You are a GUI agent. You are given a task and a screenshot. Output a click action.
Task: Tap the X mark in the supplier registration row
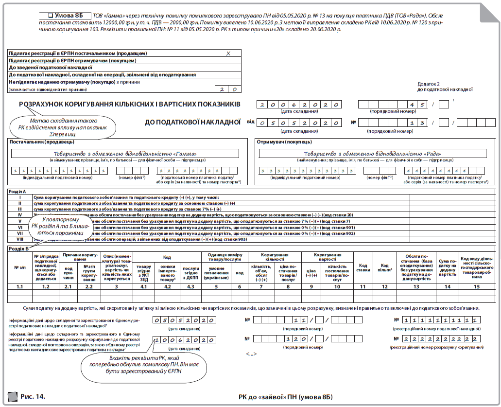(228, 53)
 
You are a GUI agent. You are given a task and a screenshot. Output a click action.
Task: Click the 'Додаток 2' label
(429, 84)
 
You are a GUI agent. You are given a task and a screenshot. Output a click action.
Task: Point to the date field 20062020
(299, 105)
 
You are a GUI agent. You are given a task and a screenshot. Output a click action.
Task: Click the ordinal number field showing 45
(393, 105)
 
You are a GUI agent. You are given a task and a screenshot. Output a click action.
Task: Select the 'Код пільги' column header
(385, 267)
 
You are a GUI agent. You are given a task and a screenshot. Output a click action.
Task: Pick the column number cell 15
(476, 287)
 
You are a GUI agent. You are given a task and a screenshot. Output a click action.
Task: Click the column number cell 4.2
(167, 287)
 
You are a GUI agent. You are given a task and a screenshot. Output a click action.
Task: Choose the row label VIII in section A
(20, 239)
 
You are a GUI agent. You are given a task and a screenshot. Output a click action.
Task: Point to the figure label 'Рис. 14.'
(33, 396)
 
